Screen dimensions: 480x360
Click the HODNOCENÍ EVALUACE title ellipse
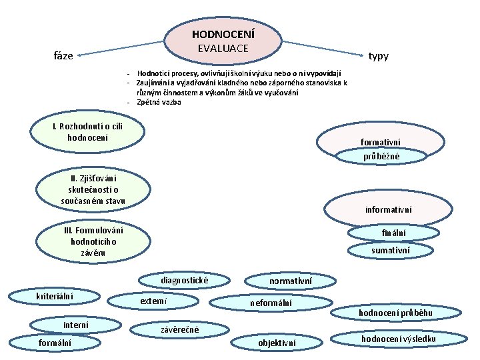pyautogui.click(x=223, y=41)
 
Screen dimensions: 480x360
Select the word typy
pyautogui.click(x=379, y=56)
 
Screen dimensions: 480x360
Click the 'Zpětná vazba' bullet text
pyautogui.click(x=159, y=102)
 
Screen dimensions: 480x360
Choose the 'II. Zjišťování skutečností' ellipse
pyautogui.click(x=93, y=189)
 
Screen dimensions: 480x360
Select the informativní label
pyautogui.click(x=389, y=209)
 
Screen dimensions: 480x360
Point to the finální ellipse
pyautogui.click(x=393, y=233)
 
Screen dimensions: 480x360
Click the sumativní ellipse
pyautogui.click(x=391, y=250)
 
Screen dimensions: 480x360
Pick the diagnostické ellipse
pyautogui.click(x=184, y=281)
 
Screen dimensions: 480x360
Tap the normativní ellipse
pyautogui.click(x=291, y=282)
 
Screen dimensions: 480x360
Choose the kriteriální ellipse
pyautogui.click(x=55, y=295)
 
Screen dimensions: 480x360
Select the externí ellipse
pyautogui.click(x=153, y=302)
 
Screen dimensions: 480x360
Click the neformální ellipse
pyautogui.click(x=271, y=303)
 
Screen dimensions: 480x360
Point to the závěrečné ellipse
pyautogui.click(x=180, y=329)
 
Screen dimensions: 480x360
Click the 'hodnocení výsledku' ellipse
pyautogui.click(x=399, y=339)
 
